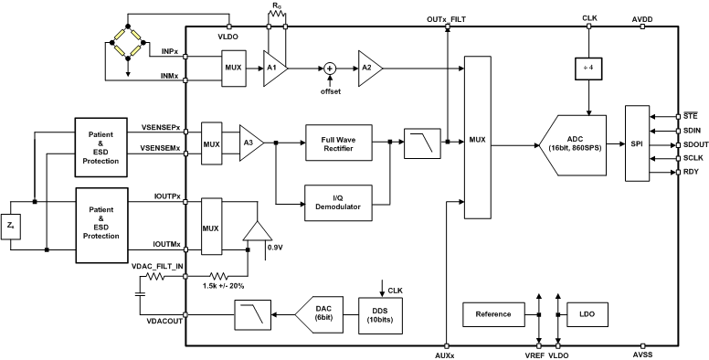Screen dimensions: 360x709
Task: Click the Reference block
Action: (493, 315)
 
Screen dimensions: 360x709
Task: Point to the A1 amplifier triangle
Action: (273, 68)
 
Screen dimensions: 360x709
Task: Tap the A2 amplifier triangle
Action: (368, 68)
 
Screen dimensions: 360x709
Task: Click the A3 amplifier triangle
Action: (249, 143)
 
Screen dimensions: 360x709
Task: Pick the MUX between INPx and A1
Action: (232, 68)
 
